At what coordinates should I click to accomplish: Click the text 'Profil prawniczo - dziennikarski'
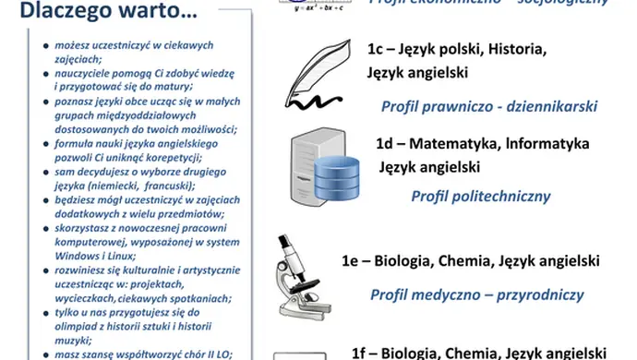coord(490,106)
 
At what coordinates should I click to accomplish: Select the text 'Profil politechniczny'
coord(481,196)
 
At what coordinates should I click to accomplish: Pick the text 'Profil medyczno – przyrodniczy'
coord(477,295)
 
